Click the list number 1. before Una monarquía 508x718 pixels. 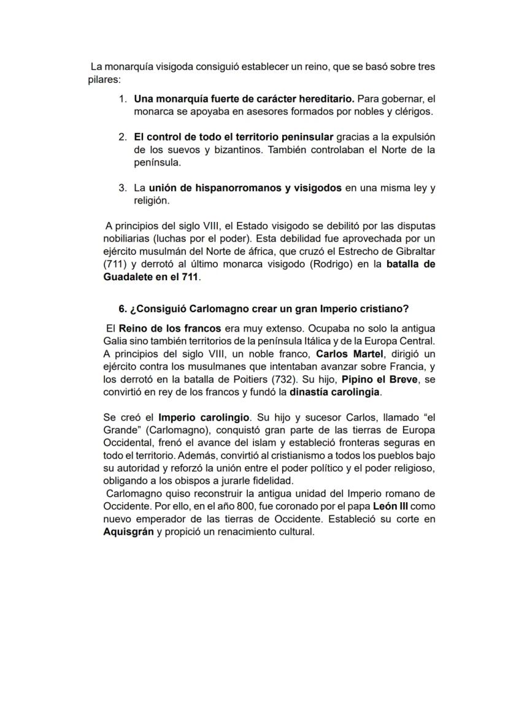(123, 99)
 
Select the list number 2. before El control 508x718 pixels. (123, 137)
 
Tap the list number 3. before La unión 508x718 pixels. (123, 188)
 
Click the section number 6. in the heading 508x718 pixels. (123, 309)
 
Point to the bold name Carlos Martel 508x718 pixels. (349, 354)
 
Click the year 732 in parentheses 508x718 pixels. (277, 379)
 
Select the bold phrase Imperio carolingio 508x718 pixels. (204, 418)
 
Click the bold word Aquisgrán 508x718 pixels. (128, 532)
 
